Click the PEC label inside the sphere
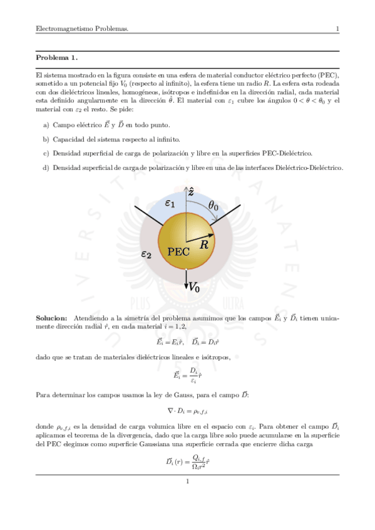tap(179, 252)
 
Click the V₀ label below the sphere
tap(194, 288)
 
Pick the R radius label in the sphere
tap(203, 245)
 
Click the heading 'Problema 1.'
tap(57, 58)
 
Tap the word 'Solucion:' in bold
tap(52, 318)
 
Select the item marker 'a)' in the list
tap(46, 126)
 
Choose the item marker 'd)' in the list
tap(46, 167)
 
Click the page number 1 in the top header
tap(337, 29)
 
